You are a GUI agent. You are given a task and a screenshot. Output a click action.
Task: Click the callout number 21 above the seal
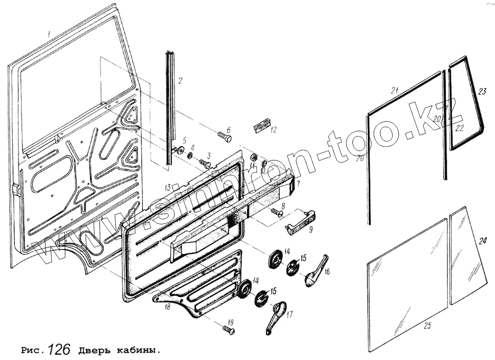(395, 90)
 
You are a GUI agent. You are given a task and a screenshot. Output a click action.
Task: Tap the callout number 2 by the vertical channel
(181, 80)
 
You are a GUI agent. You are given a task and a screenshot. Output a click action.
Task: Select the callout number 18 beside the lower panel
(167, 307)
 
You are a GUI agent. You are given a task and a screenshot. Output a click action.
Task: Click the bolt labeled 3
(204, 162)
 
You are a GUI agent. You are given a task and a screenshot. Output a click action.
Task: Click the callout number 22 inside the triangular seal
(459, 128)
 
